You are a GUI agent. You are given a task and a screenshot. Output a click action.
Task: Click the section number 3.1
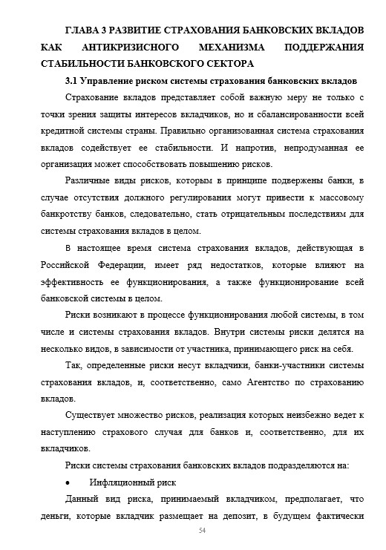[x=71, y=81]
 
